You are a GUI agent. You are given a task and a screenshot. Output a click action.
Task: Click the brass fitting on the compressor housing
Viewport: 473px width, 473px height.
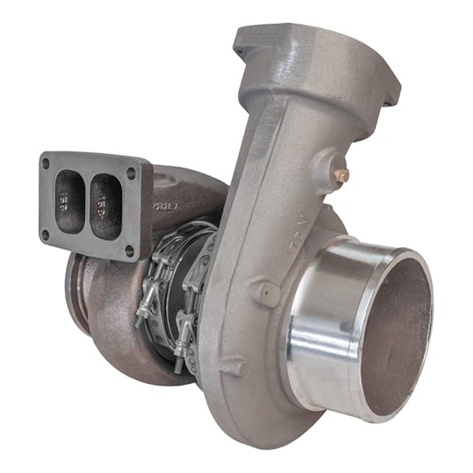pyautogui.click(x=342, y=174)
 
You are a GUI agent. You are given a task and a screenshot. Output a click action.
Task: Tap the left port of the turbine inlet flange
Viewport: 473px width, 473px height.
pyautogui.click(x=70, y=201)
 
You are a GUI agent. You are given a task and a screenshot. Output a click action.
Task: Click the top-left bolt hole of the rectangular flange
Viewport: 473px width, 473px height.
pyautogui.click(x=46, y=164)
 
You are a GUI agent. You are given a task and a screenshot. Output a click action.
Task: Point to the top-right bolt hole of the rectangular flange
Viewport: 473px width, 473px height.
pyautogui.click(x=131, y=173)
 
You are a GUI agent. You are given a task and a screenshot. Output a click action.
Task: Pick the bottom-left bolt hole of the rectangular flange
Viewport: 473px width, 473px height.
pyautogui.click(x=46, y=235)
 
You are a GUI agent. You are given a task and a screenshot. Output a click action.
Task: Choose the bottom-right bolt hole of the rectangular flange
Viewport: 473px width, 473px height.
pyautogui.click(x=129, y=250)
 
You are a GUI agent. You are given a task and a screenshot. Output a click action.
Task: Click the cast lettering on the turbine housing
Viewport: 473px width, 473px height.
pyautogui.click(x=167, y=207)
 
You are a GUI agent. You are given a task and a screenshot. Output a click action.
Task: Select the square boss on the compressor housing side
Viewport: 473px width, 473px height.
pyautogui.click(x=265, y=292)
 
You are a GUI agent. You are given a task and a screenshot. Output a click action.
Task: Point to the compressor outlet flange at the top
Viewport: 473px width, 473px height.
pyautogui.click(x=313, y=56)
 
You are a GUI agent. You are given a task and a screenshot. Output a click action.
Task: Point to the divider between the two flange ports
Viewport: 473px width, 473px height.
pyautogui.click(x=87, y=204)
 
